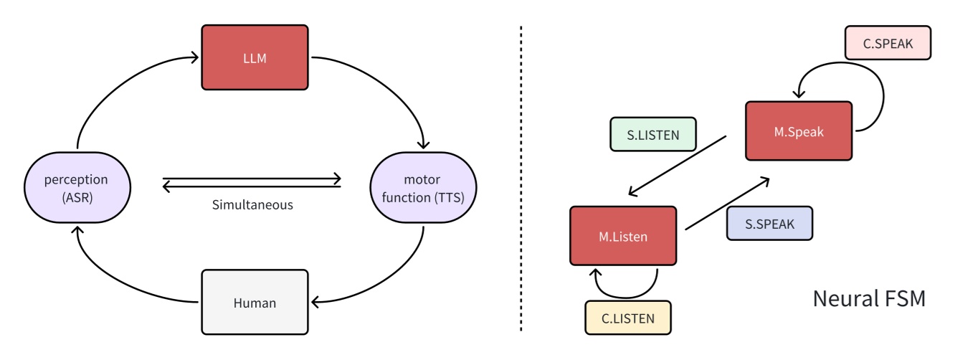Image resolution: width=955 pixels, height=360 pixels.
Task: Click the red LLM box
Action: (255, 57)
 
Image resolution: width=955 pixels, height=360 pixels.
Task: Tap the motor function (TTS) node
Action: (423, 189)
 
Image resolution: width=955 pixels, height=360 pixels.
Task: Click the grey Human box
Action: (255, 303)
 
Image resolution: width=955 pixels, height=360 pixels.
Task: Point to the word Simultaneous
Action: (252, 205)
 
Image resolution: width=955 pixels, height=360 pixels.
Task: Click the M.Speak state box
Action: (799, 131)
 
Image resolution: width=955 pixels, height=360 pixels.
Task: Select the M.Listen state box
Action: (623, 235)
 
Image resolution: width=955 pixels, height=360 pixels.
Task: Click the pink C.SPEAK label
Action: (888, 43)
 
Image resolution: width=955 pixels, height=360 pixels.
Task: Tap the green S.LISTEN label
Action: (652, 134)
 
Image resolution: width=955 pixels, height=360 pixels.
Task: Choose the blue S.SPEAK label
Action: (769, 223)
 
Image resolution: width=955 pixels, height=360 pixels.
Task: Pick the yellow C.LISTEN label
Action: (628, 318)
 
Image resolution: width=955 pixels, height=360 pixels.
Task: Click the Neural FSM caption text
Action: (868, 298)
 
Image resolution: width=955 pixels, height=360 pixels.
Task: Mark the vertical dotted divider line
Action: (521, 179)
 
